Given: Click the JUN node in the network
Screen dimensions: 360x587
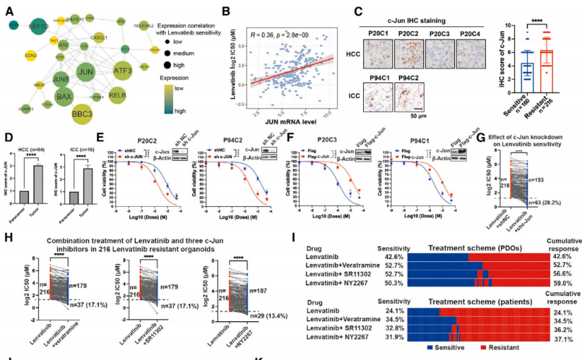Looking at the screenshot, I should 85,72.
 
